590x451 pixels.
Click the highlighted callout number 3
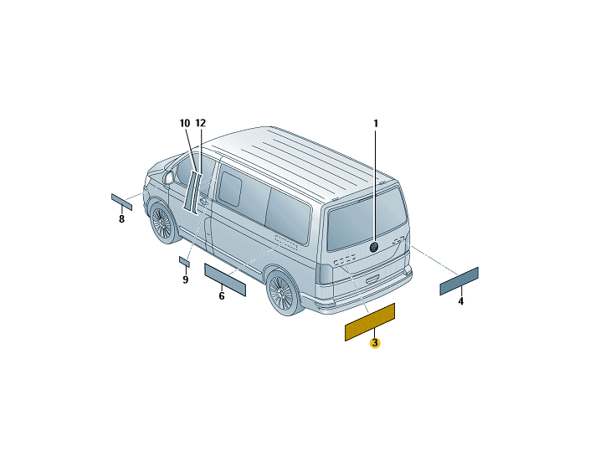click(x=375, y=343)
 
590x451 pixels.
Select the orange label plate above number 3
click(x=370, y=322)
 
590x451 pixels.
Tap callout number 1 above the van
click(x=375, y=123)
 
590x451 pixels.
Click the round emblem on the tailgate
click(x=374, y=247)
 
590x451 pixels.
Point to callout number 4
click(x=461, y=301)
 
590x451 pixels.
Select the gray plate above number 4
click(x=459, y=281)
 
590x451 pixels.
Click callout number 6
click(x=222, y=296)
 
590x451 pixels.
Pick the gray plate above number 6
click(x=225, y=279)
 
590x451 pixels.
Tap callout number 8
click(x=121, y=219)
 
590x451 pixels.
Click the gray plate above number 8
click(x=121, y=202)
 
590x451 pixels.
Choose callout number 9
click(x=185, y=279)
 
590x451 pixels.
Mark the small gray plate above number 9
click(x=184, y=262)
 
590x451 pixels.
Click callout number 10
click(x=185, y=123)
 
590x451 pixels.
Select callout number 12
click(x=201, y=123)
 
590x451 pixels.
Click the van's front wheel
click(x=162, y=223)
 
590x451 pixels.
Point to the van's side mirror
click(x=168, y=177)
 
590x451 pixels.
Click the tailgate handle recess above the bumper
click(x=373, y=279)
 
